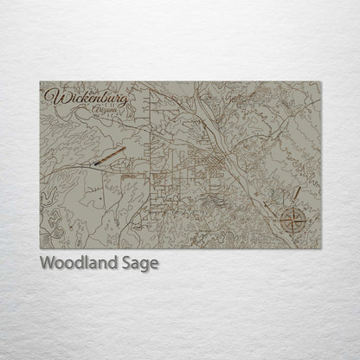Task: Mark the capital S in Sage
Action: coord(126,263)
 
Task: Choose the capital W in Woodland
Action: coord(47,263)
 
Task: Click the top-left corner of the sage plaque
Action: coord(41,82)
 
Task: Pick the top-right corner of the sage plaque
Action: coord(322,82)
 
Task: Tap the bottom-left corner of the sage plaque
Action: coord(41,248)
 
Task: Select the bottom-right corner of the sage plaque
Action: coord(322,248)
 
